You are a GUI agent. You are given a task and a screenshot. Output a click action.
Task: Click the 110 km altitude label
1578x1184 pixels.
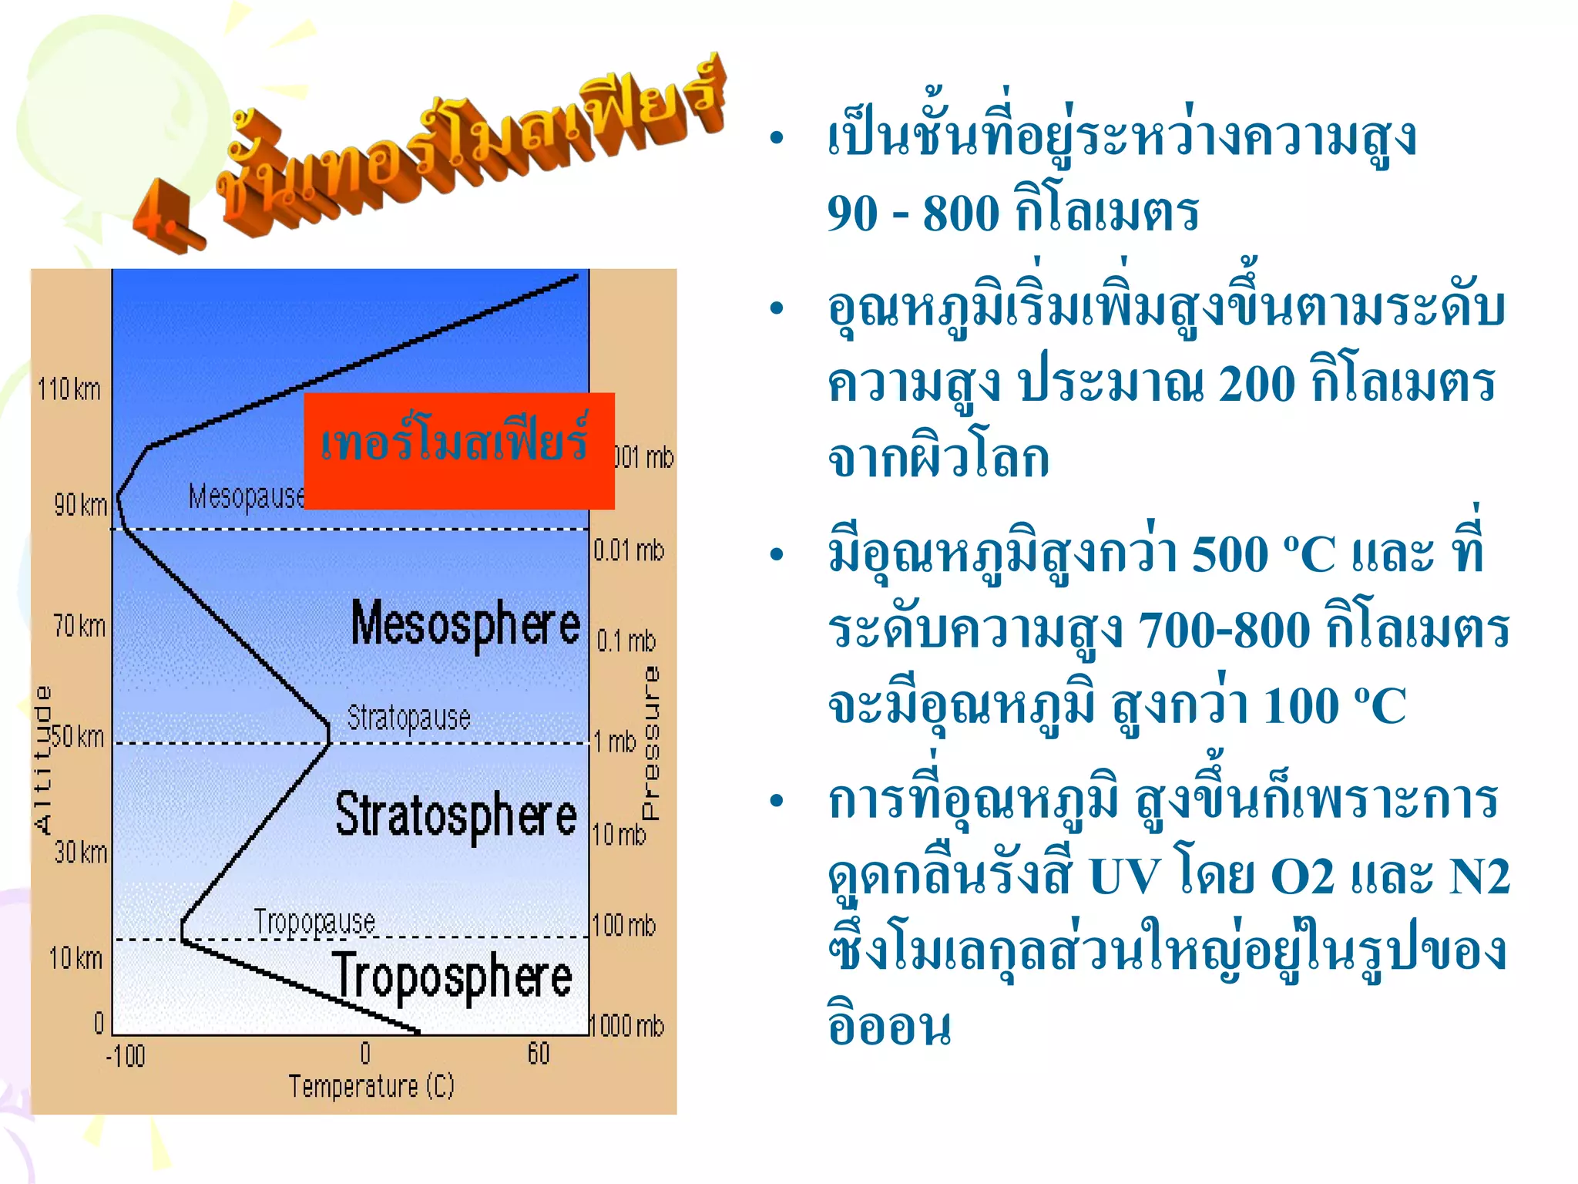(69, 389)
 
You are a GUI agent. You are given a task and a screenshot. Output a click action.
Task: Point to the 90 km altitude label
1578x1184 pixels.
(80, 505)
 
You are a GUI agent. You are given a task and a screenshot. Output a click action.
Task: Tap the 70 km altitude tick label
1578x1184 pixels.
(79, 626)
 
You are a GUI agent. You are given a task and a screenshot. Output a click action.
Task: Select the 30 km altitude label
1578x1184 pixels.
(81, 853)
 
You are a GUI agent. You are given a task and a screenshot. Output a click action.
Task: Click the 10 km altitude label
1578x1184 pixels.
(76, 958)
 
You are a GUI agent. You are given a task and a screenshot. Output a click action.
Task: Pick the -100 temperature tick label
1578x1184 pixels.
(126, 1055)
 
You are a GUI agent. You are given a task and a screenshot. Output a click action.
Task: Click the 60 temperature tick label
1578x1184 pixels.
(539, 1053)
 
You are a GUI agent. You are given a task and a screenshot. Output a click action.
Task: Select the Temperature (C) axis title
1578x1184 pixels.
(371, 1086)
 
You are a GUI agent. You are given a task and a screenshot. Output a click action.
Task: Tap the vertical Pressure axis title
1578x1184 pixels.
(651, 743)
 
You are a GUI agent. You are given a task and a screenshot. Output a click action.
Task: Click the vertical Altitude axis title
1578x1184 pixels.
(44, 759)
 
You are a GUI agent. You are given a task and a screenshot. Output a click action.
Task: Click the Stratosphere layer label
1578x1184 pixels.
(456, 816)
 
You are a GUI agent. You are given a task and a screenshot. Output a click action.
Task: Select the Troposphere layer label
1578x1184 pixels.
(452, 977)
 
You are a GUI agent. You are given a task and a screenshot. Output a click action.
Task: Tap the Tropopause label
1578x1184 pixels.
(314, 922)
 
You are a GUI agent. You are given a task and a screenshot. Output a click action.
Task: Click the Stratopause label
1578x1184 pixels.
(408, 718)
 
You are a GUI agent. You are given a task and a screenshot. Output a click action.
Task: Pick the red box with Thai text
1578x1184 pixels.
(459, 450)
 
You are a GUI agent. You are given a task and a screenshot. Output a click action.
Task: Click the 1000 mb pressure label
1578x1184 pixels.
(627, 1026)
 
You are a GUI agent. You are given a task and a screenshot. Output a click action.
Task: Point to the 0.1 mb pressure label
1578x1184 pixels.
(626, 641)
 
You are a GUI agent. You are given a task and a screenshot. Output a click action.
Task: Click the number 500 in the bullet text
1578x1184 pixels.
(1229, 553)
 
